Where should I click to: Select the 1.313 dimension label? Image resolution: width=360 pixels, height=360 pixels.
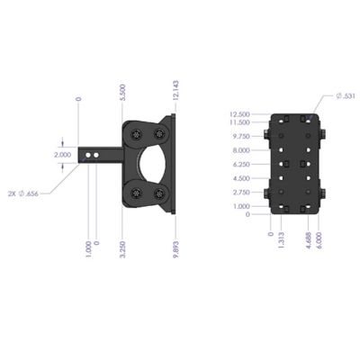pyautogui.click(x=283, y=240)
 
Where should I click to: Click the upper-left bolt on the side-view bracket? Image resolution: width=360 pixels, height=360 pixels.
pyautogui.click(x=137, y=134)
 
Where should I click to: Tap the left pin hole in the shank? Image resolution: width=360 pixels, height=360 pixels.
pyautogui.click(x=89, y=156)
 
